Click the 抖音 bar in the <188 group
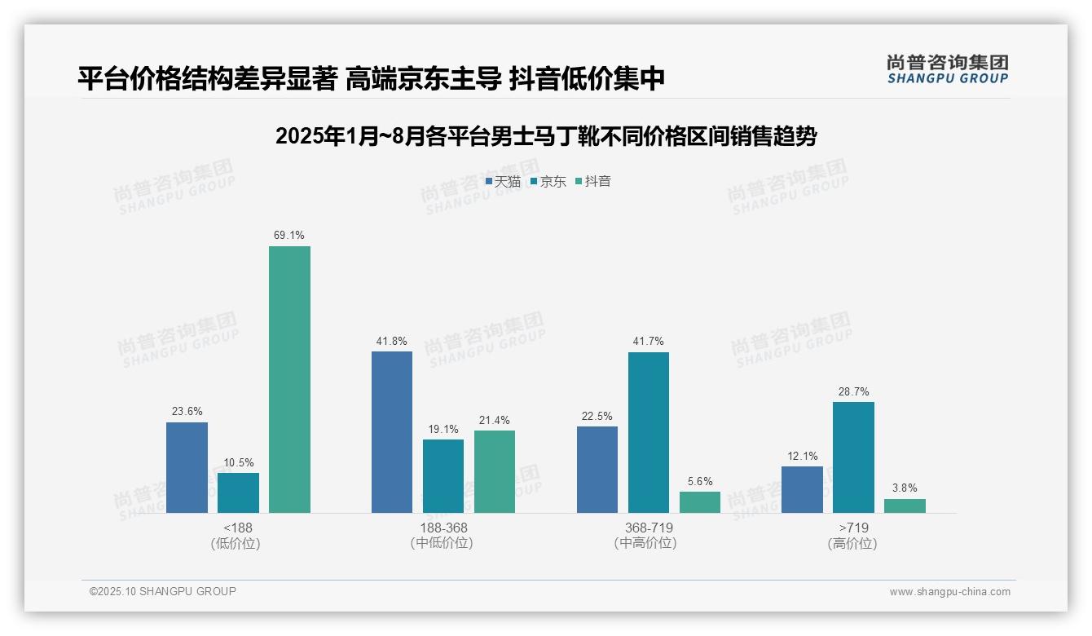pos(289,379)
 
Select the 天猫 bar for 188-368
pos(392,432)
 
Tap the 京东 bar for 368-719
pos(649,432)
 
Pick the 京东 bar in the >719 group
pos(853,457)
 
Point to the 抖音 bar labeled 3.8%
pos(905,506)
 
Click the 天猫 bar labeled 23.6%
pos(187,467)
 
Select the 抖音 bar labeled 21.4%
pos(495,471)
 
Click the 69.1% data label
pos(289,236)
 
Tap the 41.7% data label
pos(649,342)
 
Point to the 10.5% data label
pos(238,462)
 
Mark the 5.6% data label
pos(700,481)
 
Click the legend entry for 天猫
pos(503,181)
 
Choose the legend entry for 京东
pos(548,181)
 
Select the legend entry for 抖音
pos(593,181)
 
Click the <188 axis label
pos(238,528)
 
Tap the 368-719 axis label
pos(649,528)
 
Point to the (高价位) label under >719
pos(853,543)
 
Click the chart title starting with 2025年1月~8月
pos(546,136)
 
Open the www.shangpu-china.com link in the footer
pos(949,592)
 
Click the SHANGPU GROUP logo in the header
pos(947,69)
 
